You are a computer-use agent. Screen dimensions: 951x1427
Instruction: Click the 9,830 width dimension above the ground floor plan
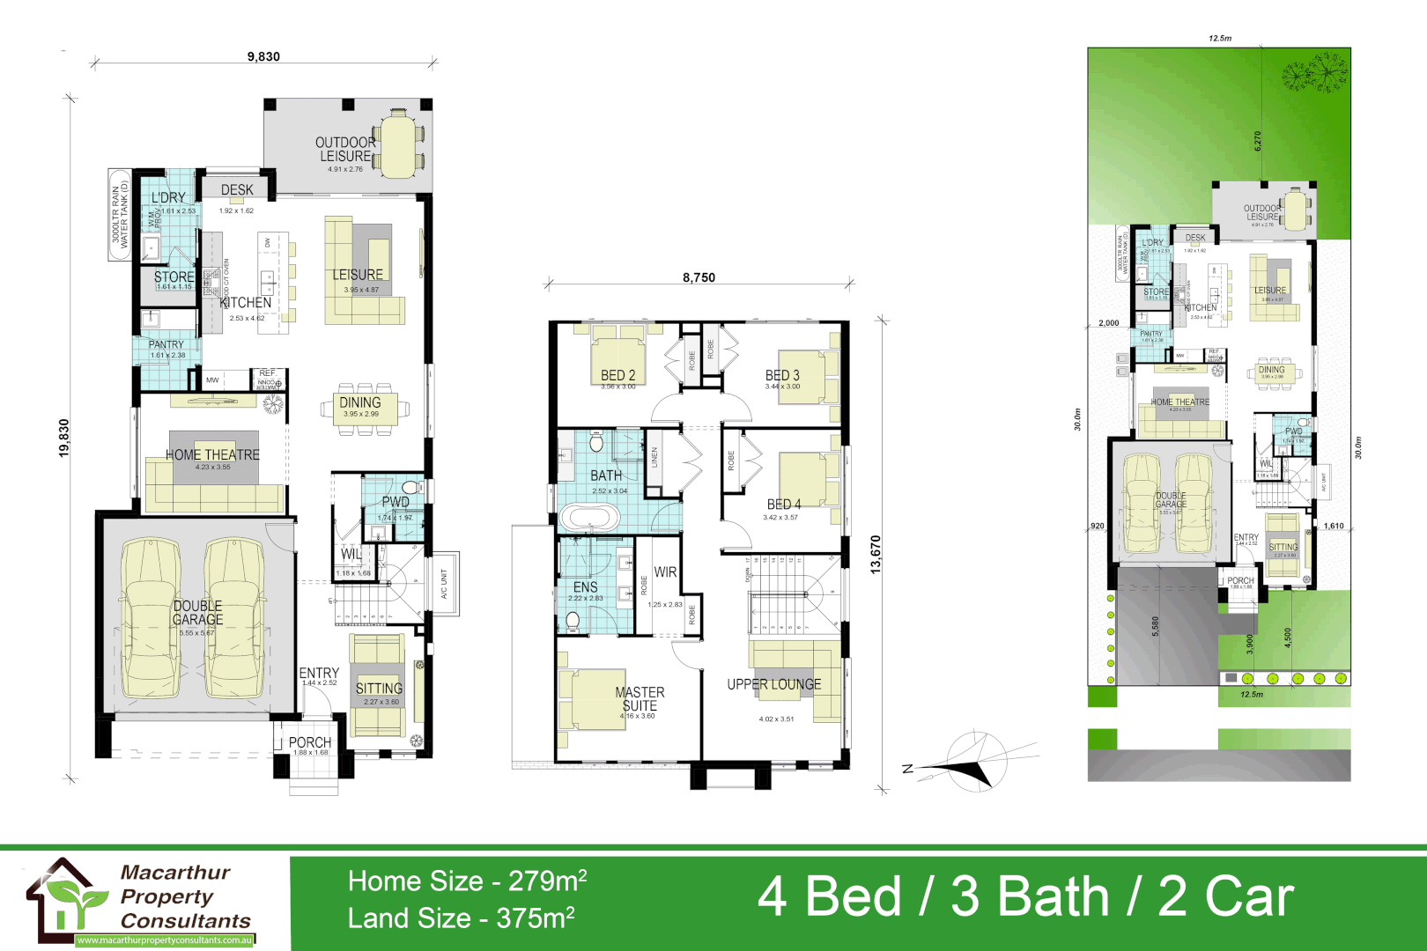tap(263, 56)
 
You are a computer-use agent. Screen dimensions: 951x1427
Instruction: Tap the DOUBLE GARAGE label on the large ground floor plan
tap(197, 613)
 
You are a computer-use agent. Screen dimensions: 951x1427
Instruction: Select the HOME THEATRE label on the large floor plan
tap(213, 455)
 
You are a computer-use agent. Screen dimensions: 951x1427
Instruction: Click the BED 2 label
tap(617, 376)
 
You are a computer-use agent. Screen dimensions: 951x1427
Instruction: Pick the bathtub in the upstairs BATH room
tap(590, 516)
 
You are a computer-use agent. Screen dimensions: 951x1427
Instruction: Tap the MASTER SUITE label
tap(640, 699)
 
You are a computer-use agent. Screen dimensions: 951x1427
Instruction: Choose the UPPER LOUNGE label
tap(773, 684)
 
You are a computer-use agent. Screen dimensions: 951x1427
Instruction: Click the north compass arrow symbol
tap(969, 764)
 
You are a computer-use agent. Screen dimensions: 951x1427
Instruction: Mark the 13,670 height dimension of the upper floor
tap(876, 555)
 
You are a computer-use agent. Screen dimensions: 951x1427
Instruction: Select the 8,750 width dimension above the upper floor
tap(699, 277)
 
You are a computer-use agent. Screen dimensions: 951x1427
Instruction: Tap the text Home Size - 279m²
tap(467, 881)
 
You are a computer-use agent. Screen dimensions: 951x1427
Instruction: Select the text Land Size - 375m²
tap(461, 918)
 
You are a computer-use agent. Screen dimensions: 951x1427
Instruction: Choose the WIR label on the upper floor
tap(665, 572)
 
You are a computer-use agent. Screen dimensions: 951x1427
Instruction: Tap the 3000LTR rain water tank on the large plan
tap(120, 215)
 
